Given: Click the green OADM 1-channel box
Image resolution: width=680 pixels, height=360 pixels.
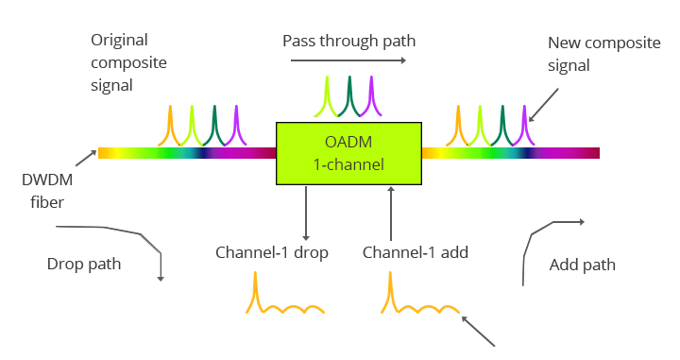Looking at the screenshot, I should (348, 152).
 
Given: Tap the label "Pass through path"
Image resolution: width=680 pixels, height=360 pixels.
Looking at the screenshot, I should (348, 42).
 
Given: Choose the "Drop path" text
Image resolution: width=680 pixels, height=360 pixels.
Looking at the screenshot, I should (84, 264).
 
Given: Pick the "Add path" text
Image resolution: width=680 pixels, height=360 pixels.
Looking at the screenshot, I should (582, 265).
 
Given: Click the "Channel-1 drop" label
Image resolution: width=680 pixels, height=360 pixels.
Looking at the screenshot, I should (271, 252).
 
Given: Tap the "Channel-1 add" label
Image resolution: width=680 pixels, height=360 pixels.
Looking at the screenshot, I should (416, 252).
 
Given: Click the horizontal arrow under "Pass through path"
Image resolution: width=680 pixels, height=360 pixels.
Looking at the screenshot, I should (348, 60).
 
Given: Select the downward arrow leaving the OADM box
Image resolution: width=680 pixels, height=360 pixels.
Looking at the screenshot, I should (306, 212).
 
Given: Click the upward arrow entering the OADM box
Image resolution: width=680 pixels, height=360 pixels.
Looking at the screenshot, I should (391, 212).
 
